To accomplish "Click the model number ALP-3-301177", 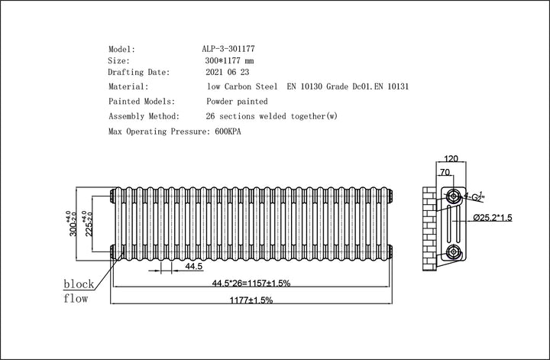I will [x=229, y=48].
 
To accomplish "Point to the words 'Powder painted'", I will [x=237, y=101].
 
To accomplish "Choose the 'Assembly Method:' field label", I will [x=144, y=116].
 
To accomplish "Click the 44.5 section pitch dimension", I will [x=193, y=267].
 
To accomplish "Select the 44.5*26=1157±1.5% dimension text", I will [x=251, y=284].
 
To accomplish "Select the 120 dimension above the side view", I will [x=451, y=160].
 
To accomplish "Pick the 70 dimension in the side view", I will [x=444, y=174].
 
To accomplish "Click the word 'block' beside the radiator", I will [x=79, y=284].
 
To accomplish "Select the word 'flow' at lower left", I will [x=76, y=298].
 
